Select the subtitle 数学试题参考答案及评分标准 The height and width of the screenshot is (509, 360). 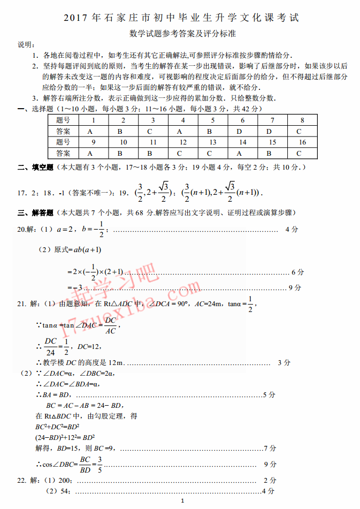tap(182, 33)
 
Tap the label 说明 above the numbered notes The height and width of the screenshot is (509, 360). tap(25, 44)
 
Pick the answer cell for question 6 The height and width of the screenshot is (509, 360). tap(242, 131)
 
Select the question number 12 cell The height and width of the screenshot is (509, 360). tap(182, 142)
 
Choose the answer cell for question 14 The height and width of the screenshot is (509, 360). tap(242, 153)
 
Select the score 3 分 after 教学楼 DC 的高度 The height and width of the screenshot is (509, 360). tap(284, 362)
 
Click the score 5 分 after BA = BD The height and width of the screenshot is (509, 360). tap(269, 394)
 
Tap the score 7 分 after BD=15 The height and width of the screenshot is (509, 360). tap(270, 447)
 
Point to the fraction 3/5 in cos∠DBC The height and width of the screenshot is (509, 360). tap(99, 465)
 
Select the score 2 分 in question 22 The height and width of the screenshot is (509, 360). tap(270, 480)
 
